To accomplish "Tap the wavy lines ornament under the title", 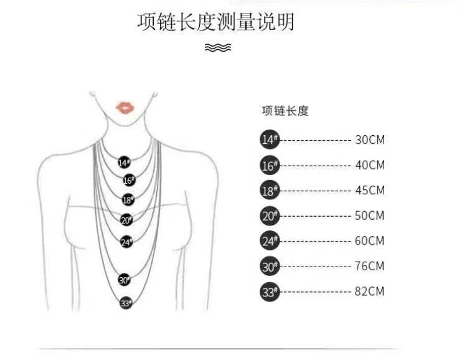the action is click(218, 48).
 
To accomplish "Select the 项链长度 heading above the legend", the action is click(285, 111).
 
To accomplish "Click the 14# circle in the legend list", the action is click(270, 140).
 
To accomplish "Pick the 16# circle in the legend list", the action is click(270, 165).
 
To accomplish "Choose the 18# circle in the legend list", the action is click(270, 190).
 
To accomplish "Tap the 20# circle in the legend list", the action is click(270, 216).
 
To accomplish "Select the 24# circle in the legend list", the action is click(270, 240).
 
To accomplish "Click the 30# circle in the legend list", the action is click(270, 266).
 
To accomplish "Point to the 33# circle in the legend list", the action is click(270, 291).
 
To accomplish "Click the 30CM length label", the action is click(370, 140).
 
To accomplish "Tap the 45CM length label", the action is click(370, 190).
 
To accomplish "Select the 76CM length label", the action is click(370, 266).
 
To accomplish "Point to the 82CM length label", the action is click(370, 291).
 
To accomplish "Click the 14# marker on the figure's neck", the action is click(124, 162).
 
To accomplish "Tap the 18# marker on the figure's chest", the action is click(127, 200).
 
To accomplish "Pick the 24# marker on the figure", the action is click(126, 242).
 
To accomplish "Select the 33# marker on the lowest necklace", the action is click(126, 303).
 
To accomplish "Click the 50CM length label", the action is click(370, 216).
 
